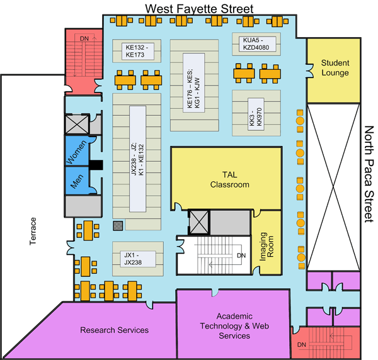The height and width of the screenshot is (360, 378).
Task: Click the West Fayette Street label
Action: click(x=199, y=8)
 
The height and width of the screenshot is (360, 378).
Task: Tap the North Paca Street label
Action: click(x=370, y=174)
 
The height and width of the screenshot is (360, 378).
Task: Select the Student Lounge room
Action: click(x=335, y=67)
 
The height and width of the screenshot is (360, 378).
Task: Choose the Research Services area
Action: click(x=114, y=330)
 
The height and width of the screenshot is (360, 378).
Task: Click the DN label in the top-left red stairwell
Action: click(x=84, y=39)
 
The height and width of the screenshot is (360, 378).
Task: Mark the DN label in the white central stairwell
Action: click(x=241, y=256)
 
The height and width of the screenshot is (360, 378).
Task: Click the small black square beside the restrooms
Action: click(x=96, y=166)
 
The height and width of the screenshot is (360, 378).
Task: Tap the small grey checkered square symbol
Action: click(x=117, y=225)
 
